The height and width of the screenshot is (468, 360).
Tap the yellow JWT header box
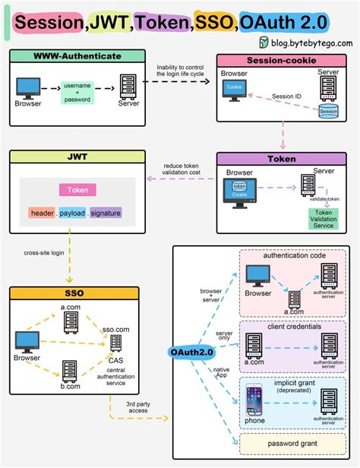pos(77,157)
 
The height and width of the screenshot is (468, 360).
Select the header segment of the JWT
pos(43,213)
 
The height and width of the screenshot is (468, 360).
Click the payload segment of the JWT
pos(73,213)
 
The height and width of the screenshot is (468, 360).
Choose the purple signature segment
pos(106,213)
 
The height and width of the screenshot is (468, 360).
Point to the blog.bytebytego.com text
pos(307,43)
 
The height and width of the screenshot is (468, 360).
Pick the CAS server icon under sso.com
pos(115,343)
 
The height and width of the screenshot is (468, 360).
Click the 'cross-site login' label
pos(43,254)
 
